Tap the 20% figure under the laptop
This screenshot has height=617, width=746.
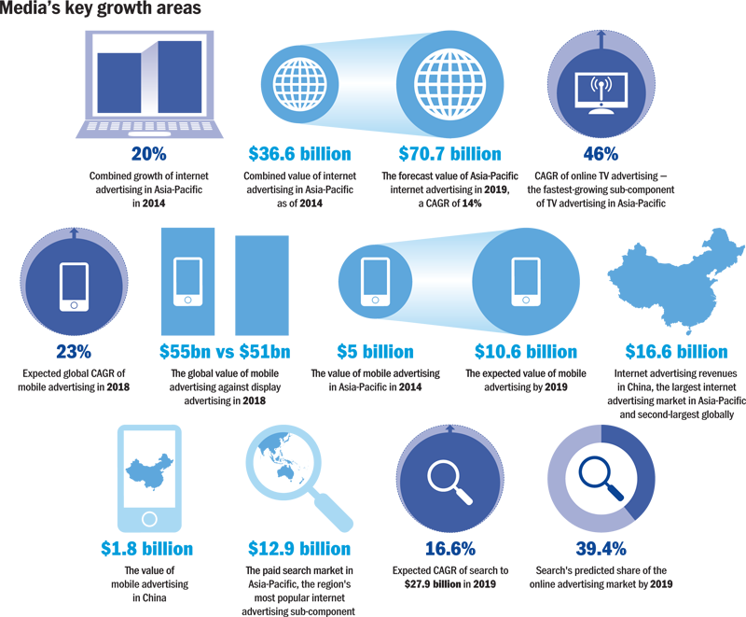[149, 154]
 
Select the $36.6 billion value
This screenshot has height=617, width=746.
[300, 154]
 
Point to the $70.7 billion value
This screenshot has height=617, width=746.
[450, 154]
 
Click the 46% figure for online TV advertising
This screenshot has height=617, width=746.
[601, 154]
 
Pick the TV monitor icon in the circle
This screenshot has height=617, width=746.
[601, 91]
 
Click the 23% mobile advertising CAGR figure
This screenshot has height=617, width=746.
[73, 352]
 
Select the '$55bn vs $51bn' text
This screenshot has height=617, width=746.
[226, 352]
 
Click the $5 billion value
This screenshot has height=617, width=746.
[375, 352]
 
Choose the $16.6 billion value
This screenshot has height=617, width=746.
[677, 352]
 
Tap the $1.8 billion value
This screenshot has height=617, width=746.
[147, 549]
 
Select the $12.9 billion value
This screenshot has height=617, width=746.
[299, 549]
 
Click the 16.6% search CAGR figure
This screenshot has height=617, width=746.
[450, 549]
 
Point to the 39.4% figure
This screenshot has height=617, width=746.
[601, 549]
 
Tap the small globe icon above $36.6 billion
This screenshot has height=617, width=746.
[300, 84]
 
